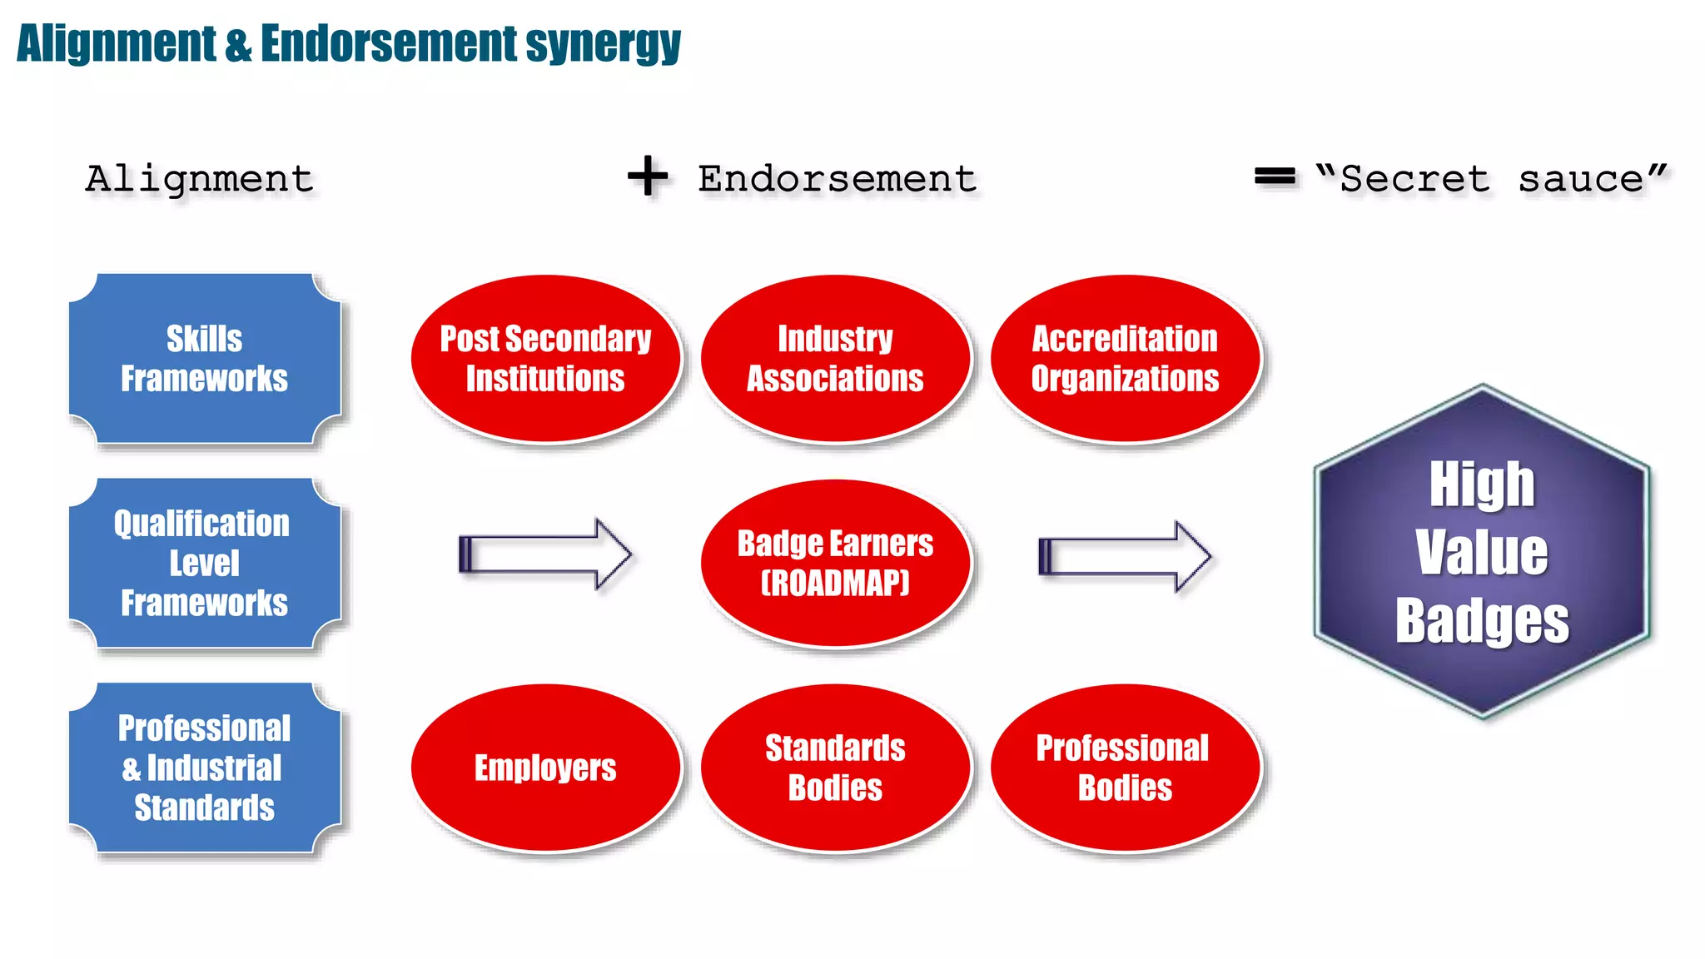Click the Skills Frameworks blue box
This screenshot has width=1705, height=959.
[205, 359]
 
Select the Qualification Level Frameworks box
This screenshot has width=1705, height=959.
[205, 564]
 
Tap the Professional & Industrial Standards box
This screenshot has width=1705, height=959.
[205, 768]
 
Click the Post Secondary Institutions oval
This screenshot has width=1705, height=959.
[545, 359]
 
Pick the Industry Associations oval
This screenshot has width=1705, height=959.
[835, 359]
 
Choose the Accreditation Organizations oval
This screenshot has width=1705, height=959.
[1125, 359]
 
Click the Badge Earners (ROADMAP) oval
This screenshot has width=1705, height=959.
[835, 563]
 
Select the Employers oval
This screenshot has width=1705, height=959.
[545, 768]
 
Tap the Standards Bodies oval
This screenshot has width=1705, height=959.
[835, 768]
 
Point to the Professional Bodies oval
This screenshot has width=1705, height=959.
[1125, 768]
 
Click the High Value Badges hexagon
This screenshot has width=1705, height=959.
[1482, 551]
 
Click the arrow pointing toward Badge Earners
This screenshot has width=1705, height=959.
[545, 554]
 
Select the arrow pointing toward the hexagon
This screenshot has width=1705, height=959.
[1125, 556]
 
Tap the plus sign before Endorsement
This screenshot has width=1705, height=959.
[648, 176]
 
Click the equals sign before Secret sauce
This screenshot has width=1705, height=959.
[1275, 176]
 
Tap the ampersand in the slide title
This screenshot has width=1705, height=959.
[238, 44]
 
